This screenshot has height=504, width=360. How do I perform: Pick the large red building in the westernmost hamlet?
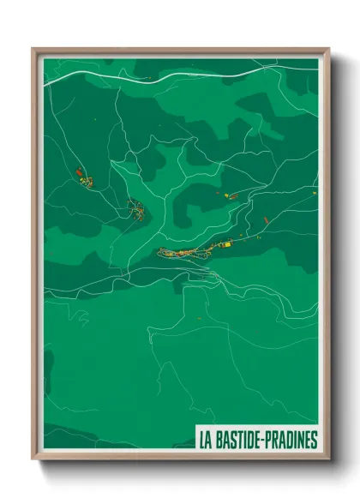[x=78, y=173]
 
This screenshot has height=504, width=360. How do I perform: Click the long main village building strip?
[x=184, y=252]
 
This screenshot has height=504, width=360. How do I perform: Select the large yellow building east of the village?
[x=228, y=246]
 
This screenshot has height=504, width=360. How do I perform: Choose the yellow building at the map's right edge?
[x=314, y=194]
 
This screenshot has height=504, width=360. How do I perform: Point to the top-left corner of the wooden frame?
[x=33, y=49]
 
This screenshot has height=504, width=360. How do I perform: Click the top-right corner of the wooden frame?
[x=328, y=49]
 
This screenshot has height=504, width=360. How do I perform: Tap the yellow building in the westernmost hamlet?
[x=85, y=181]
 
